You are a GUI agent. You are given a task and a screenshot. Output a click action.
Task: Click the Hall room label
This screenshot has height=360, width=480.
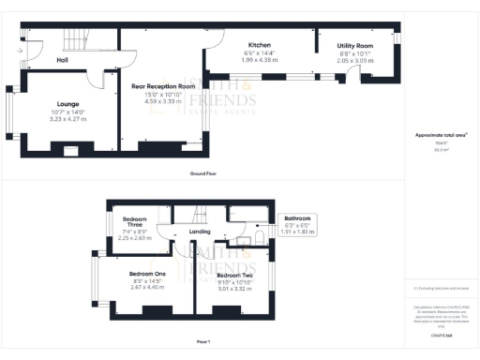pos(62,60)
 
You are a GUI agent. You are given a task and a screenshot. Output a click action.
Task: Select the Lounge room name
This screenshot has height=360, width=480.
pos(67,104)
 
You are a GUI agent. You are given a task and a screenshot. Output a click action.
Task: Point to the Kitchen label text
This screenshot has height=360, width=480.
pos(260,46)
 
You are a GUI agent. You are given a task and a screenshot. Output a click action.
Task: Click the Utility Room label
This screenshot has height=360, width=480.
pos(354,46)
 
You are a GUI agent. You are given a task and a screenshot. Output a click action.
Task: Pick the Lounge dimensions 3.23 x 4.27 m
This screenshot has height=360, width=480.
pos(67,119)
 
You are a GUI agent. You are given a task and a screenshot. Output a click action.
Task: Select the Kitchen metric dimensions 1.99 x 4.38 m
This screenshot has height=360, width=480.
pos(260,61)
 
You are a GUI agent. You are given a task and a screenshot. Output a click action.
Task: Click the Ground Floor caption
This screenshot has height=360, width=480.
pos(204,173)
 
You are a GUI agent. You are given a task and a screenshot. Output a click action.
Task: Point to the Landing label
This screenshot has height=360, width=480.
pos(200,232)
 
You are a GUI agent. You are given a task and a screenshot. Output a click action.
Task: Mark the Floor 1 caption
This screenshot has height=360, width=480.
pos(202,340)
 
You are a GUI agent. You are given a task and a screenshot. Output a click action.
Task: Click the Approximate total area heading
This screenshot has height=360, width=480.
pos(434,135)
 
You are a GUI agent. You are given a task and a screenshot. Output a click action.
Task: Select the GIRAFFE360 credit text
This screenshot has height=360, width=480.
pos(442,335)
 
